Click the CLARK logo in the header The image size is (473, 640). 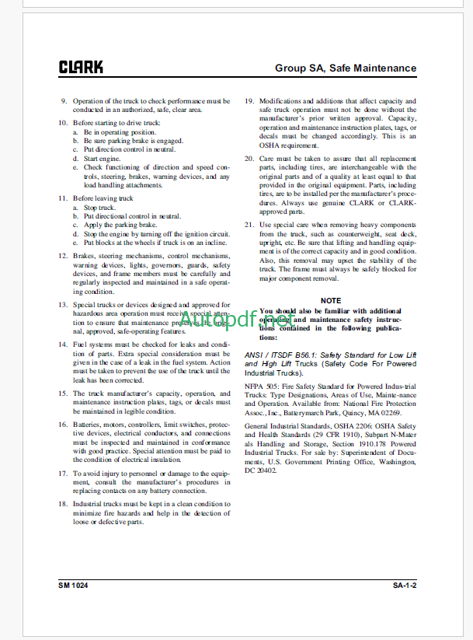pos(81,68)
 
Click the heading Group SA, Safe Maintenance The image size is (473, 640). pos(346,68)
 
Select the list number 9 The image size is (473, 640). pos(64,101)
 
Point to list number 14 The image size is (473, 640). pos(63,344)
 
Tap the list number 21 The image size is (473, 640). pos(249,224)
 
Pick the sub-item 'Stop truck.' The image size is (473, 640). pos(99,208)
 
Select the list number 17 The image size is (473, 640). pos(63,473)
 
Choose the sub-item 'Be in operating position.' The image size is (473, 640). pos(124,132)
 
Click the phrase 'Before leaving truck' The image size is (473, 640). pos(103,198)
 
